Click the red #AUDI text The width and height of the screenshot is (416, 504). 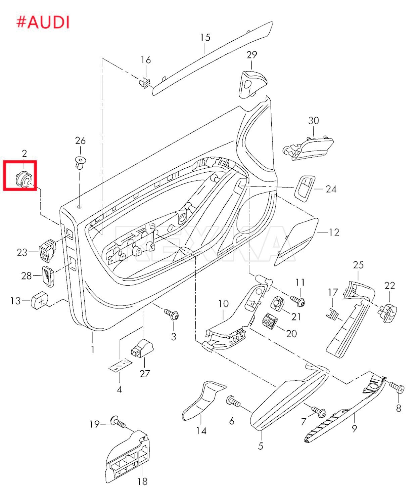[43, 22]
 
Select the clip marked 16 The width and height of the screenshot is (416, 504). [145, 82]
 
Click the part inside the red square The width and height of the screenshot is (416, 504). [24, 178]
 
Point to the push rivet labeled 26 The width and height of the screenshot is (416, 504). [80, 163]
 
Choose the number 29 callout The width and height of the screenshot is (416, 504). [251, 54]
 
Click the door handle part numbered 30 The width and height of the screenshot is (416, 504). [309, 148]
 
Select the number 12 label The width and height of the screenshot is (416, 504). [334, 232]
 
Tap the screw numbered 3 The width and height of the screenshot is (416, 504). [172, 315]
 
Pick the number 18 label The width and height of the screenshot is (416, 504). [142, 481]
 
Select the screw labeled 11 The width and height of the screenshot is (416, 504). [297, 300]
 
